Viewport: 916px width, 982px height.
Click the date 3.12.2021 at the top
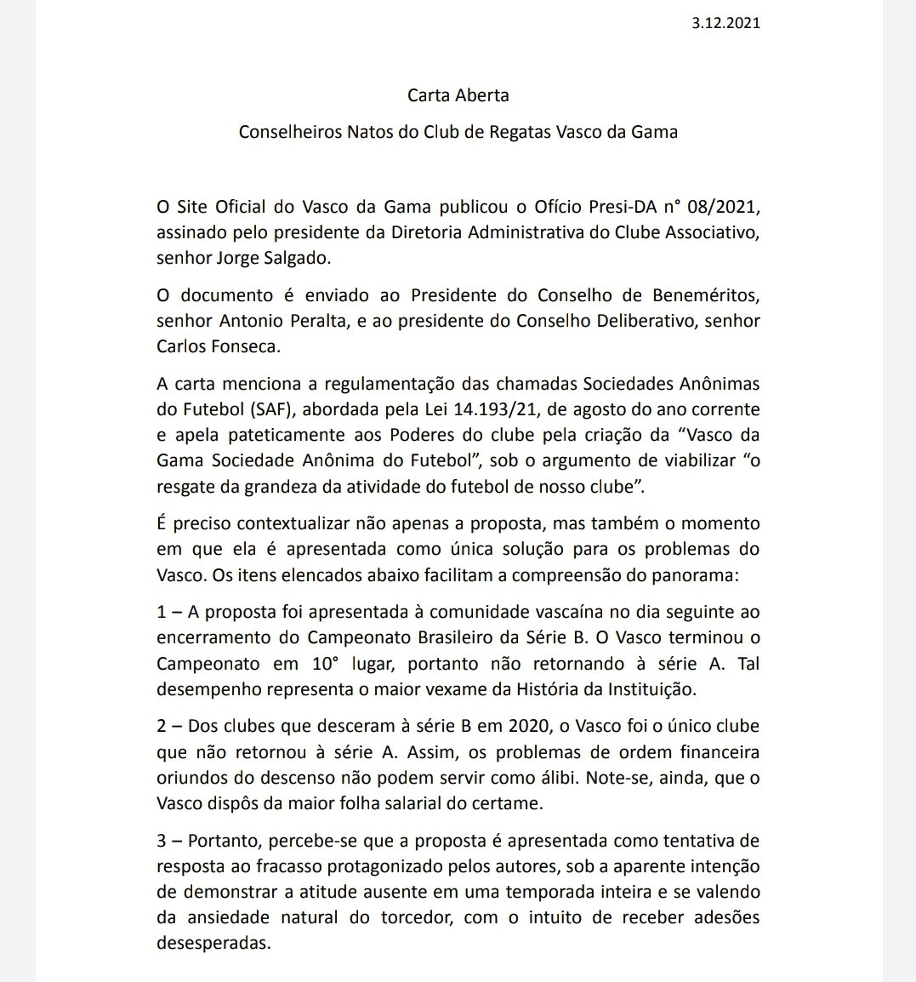click(x=726, y=23)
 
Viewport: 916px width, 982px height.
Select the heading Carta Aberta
click(x=458, y=95)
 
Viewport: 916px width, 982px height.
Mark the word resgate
click(x=186, y=487)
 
